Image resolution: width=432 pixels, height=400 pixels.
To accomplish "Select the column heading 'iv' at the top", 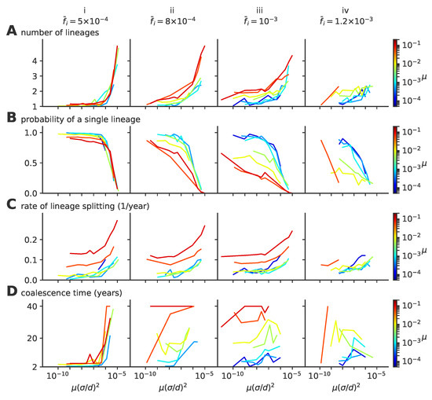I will coord(341,6).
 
